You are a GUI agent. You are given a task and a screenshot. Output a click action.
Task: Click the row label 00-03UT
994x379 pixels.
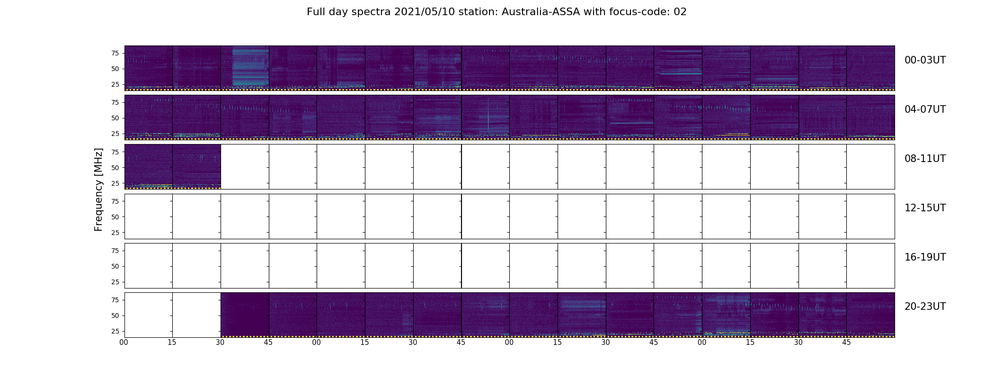pos(925,60)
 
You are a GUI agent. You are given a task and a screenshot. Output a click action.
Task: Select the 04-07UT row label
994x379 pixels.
pos(925,109)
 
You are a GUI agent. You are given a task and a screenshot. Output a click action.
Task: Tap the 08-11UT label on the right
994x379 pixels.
pos(925,159)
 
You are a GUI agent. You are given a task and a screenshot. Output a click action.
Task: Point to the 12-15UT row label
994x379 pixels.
pos(925,208)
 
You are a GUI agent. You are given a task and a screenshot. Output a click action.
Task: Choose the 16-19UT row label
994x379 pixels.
pos(925,257)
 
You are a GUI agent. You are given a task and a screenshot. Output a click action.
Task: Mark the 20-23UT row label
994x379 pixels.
pos(925,307)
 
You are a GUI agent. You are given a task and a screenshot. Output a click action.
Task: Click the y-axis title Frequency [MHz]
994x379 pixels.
pos(98,189)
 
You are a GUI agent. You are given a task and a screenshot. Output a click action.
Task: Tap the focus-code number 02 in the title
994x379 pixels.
pos(680,12)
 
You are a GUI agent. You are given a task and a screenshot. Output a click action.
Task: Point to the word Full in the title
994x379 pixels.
pos(316,12)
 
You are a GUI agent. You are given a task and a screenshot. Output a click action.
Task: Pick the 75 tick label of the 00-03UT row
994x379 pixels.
pos(115,53)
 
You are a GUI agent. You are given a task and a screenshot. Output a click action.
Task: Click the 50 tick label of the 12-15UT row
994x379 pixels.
pos(115,217)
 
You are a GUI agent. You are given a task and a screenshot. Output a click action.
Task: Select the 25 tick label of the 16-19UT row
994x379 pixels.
pos(115,282)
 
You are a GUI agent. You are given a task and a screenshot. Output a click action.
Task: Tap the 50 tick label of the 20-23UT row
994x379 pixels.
pos(115,316)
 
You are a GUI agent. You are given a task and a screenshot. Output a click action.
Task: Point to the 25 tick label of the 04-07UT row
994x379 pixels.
pos(115,134)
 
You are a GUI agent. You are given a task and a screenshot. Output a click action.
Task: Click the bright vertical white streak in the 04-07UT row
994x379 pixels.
pos(488,116)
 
